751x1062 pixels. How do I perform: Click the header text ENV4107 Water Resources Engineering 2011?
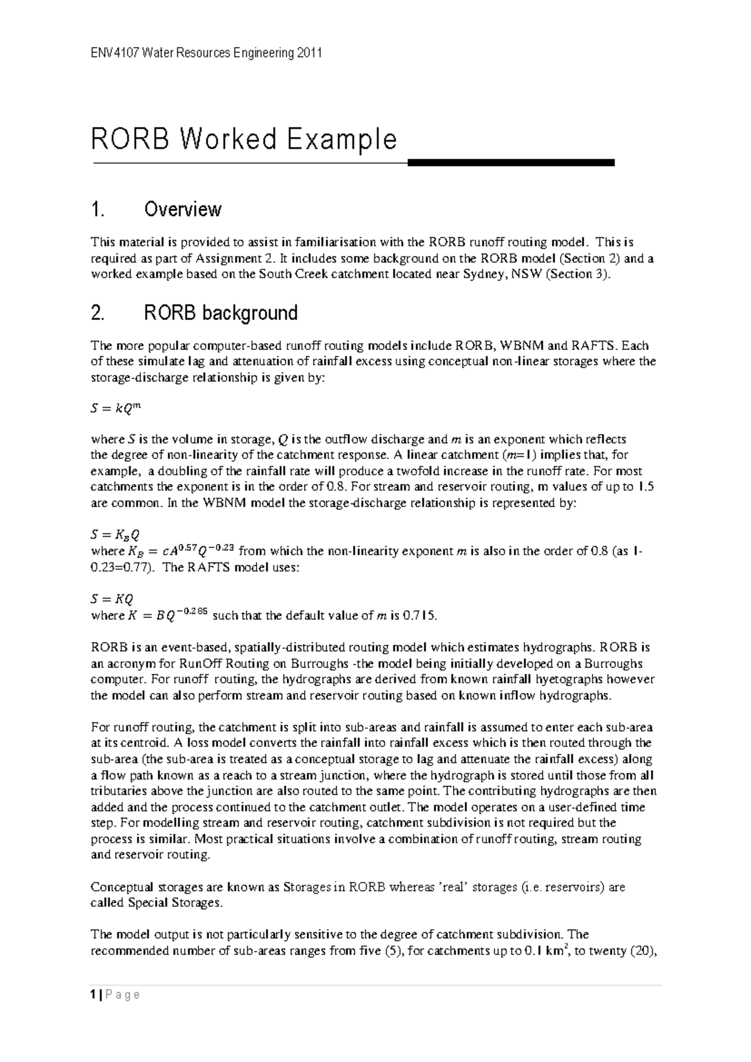click(207, 53)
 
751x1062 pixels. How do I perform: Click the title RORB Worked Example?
click(244, 139)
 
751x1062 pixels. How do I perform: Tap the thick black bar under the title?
click(511, 163)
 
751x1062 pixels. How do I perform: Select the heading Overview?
click(182, 209)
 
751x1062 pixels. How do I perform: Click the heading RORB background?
click(220, 312)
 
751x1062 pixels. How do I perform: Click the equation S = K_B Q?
click(115, 535)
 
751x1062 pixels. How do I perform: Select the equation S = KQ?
click(112, 599)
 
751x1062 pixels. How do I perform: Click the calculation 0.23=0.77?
click(122, 567)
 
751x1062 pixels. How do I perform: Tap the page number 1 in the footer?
click(93, 995)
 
